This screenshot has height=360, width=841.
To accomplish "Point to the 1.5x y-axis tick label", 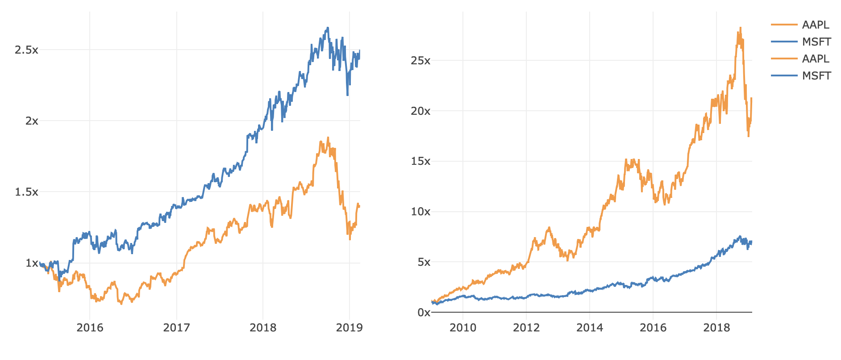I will [26, 192].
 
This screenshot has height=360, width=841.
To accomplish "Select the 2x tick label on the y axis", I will [32, 121].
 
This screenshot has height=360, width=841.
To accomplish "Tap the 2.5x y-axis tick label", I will [26, 50].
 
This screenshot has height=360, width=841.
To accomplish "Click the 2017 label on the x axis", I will [176, 328].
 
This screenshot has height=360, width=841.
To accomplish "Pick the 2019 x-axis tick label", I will [349, 328].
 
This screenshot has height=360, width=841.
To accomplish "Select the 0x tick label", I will [424, 313].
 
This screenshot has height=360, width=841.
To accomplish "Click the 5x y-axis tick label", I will [424, 262].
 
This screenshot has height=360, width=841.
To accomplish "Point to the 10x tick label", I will [420, 212].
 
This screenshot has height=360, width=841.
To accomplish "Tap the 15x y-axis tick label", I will [420, 161].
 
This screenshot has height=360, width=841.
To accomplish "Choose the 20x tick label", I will [420, 111].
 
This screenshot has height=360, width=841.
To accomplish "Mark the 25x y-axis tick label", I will [420, 60].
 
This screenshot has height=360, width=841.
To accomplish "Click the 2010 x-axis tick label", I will [463, 328].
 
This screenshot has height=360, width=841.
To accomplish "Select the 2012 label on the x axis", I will [526, 328].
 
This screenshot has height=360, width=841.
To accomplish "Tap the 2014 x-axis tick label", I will [590, 328].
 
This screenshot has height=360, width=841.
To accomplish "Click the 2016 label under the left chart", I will [90, 328].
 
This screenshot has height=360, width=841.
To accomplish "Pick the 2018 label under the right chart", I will [716, 328].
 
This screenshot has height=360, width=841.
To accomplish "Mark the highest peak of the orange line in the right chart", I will [740, 28].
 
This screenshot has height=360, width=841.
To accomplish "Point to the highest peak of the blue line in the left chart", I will [328, 28].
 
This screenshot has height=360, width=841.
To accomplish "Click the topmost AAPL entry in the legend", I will [815, 25].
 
